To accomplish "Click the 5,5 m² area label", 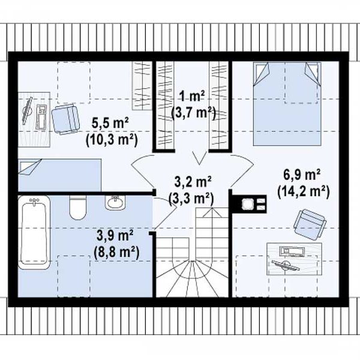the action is (110, 124).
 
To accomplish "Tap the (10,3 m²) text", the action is (112, 140).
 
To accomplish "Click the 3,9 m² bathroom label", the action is (115, 236).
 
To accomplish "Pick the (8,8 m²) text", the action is (116, 253).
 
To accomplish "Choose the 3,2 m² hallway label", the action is (193, 182).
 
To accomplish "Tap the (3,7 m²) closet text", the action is (193, 113).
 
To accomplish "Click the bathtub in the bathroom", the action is (34, 232).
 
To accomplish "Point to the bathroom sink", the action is (115, 203).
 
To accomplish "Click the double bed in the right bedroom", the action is (287, 104).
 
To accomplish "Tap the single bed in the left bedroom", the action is (59, 175).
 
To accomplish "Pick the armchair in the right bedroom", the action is (310, 224).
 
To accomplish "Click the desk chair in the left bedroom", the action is (65, 119).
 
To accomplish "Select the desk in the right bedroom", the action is (294, 259).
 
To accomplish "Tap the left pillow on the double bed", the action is (262, 74).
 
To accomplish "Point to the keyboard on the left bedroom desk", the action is (41, 116).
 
